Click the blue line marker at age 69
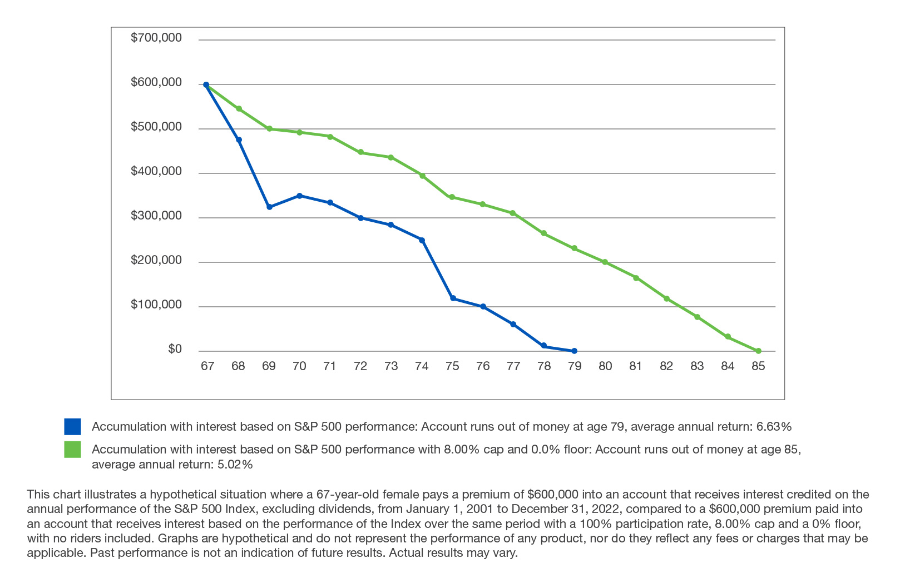click(x=269, y=207)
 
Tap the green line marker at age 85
click(x=758, y=351)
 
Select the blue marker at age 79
click(x=574, y=351)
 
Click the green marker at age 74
click(x=422, y=176)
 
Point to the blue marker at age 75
click(x=453, y=298)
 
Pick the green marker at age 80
click(x=605, y=262)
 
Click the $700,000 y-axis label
click(x=156, y=38)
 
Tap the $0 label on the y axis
click(x=175, y=349)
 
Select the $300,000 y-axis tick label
click(x=156, y=216)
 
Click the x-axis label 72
click(x=360, y=366)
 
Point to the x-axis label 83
click(x=696, y=366)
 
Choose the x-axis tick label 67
click(x=207, y=366)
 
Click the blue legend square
click(x=72, y=427)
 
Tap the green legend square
click(x=72, y=449)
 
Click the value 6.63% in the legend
click(x=774, y=427)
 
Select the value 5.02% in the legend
click(x=235, y=465)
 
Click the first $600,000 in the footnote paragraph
click(x=553, y=494)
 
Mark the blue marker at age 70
click(x=299, y=196)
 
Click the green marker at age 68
click(x=239, y=108)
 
